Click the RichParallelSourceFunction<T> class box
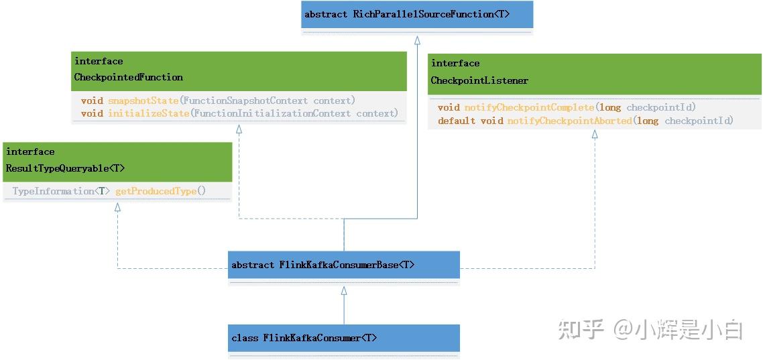coord(416,14)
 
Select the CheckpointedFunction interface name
coord(128,77)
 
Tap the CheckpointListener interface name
coord(479,80)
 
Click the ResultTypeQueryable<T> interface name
coord(65,168)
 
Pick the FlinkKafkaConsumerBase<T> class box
coord(343,265)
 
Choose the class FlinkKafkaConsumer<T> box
coord(343,338)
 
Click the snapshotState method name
coord(143,101)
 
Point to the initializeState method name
coord(148,113)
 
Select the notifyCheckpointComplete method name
coord(529,107)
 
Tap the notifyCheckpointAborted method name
coord(569,121)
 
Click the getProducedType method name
coord(156,191)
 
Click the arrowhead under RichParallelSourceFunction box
coord(417,40)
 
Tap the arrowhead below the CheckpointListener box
coord(594,135)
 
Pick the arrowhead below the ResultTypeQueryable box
coord(117,207)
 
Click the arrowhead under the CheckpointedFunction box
coord(239,129)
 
